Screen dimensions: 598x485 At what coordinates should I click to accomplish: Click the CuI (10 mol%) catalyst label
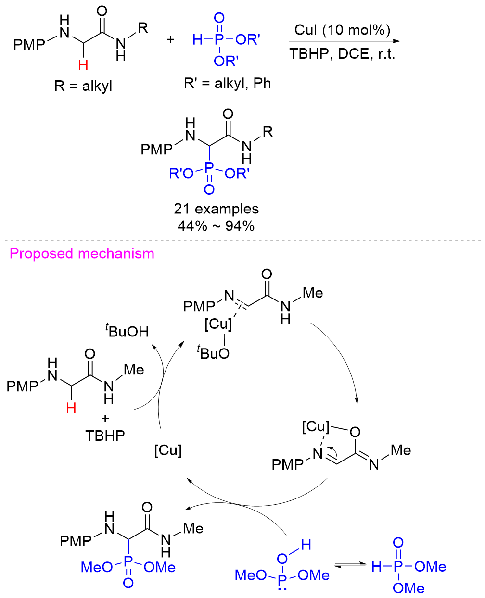click(x=342, y=30)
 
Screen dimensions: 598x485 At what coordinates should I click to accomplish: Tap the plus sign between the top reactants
click(x=171, y=39)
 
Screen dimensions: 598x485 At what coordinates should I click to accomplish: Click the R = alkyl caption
click(x=83, y=86)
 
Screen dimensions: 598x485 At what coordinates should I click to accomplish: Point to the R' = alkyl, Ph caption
click(x=227, y=83)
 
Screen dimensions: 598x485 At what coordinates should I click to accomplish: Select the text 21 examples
click(x=216, y=209)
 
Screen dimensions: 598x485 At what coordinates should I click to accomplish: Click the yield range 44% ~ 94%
click(x=216, y=225)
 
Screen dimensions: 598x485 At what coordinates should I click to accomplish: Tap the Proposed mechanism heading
click(x=82, y=254)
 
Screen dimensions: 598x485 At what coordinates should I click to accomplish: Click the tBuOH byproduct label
click(x=127, y=331)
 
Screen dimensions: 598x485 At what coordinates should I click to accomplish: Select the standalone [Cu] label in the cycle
click(x=168, y=450)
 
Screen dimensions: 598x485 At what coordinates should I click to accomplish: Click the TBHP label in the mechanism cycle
click(x=105, y=436)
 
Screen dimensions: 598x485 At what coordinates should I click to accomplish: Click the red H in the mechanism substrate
click(x=71, y=408)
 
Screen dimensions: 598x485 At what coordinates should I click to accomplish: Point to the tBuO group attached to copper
click(x=213, y=353)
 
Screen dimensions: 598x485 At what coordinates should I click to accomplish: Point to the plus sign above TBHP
click(x=105, y=418)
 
